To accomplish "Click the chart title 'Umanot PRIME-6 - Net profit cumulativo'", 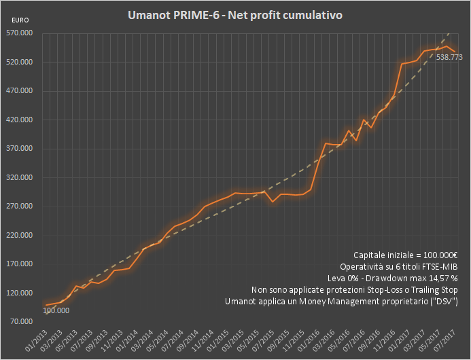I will pos(235,14).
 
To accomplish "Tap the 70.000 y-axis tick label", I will pos(20,322).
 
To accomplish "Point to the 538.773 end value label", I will pos(449,58).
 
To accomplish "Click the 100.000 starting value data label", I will pos(57,311).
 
